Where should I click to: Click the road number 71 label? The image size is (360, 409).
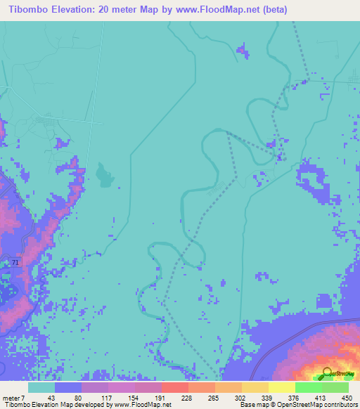tap(15, 261)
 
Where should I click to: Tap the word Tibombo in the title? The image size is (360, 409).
tap(29, 9)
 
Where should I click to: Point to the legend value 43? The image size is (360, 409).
tap(51, 397)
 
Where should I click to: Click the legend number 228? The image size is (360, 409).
tap(186, 397)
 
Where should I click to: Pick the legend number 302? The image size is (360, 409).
tap(239, 397)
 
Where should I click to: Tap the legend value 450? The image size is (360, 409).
tap(345, 397)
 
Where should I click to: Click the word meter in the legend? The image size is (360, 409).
tap(11, 397)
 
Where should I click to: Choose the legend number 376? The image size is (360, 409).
tap(292, 397)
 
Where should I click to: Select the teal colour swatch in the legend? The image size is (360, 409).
tap(41, 387)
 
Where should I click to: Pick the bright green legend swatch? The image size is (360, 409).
tap(308, 387)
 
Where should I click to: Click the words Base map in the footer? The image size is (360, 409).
tap(255, 405)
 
